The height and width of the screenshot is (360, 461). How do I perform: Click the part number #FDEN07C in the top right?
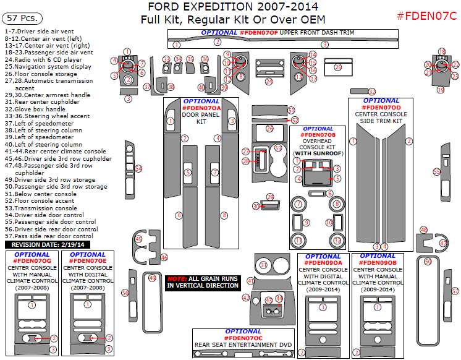coord(426,15)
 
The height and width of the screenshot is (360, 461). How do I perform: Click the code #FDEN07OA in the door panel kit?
coord(201,108)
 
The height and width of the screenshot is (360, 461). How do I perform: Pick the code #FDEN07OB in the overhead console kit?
coord(318,135)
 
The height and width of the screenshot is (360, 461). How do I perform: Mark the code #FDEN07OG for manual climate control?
coord(32,260)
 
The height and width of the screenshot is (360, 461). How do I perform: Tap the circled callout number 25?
coord(337,67)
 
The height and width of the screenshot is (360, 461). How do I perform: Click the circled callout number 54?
coord(138,168)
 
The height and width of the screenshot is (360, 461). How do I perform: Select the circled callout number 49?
coord(153,278)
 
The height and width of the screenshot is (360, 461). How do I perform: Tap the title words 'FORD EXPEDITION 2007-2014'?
coord(233,7)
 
